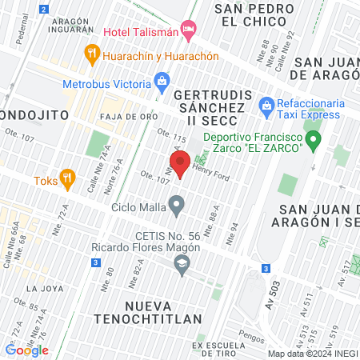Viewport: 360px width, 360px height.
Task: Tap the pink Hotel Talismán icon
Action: tap(189, 32)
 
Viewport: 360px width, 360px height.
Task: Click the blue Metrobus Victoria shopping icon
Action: tap(162, 80)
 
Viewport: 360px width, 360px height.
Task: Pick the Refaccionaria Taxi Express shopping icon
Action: tap(266, 104)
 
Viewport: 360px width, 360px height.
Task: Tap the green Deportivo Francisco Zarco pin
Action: tap(314, 142)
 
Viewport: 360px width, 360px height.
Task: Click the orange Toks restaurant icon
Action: tap(68, 178)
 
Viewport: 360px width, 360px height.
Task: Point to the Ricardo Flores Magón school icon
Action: tap(182, 264)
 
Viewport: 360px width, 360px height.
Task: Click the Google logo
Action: tap(26, 350)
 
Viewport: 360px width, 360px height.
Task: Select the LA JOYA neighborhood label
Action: tap(43, 288)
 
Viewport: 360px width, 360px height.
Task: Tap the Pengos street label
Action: tap(251, 338)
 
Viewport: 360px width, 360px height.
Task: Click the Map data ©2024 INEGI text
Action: tap(311, 354)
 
